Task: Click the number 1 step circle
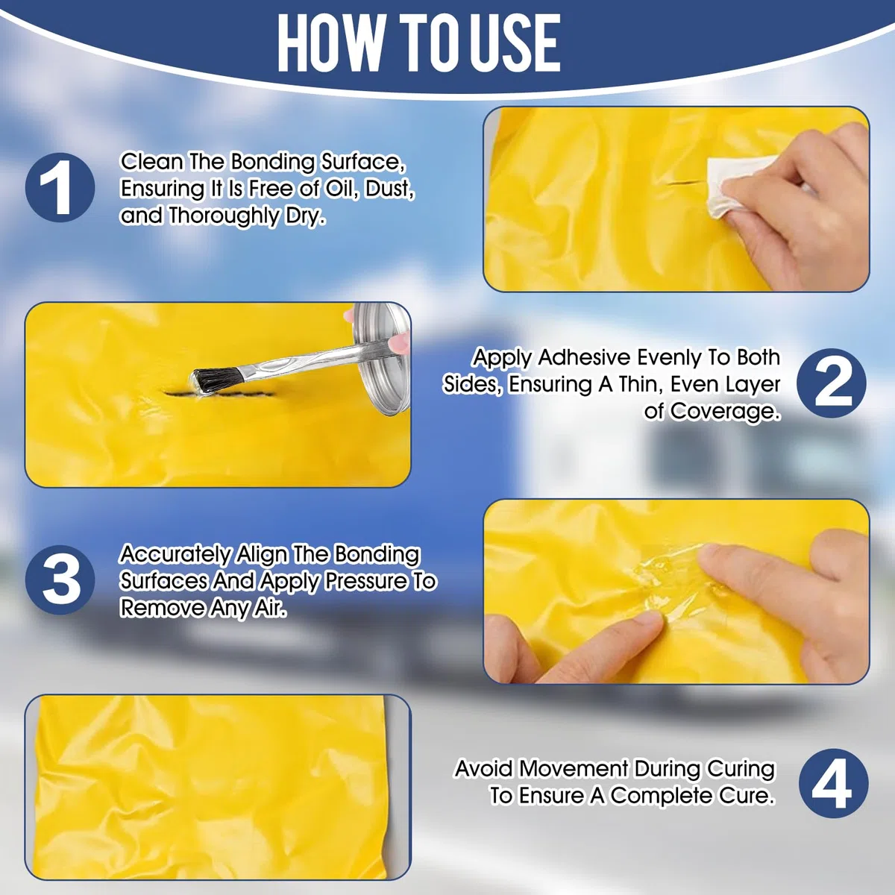tap(60, 188)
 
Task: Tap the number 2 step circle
tap(832, 383)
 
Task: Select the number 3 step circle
tap(60, 580)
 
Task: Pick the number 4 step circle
tap(834, 783)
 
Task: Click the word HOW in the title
tap(331, 43)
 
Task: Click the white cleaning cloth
tap(738, 186)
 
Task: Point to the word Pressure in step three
tap(365, 581)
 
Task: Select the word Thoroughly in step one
tap(223, 216)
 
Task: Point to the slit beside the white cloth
tap(686, 183)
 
